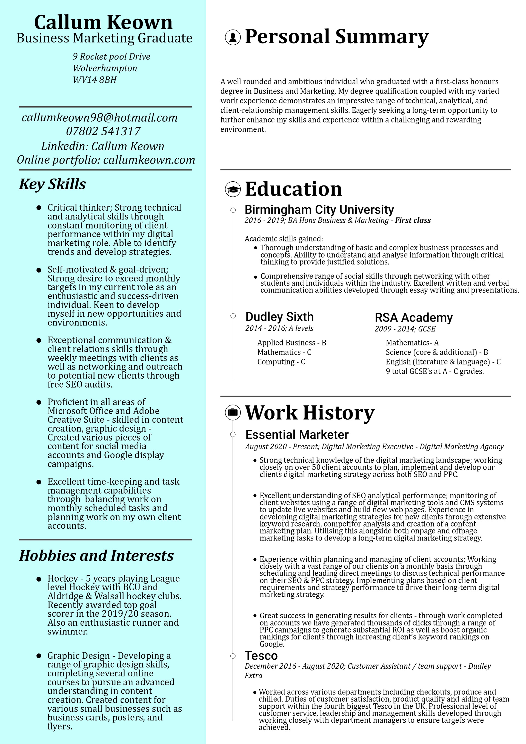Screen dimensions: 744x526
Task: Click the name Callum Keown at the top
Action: point(103,23)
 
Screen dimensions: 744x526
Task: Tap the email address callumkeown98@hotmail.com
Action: point(100,118)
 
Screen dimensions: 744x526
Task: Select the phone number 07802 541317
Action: point(103,131)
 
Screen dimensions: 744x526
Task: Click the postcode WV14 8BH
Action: point(94,80)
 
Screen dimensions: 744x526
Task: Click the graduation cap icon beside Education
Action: point(233,189)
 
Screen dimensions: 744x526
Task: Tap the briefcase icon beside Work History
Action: point(233,413)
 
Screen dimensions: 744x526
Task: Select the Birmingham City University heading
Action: point(319,210)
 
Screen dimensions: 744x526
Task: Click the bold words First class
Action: point(413,220)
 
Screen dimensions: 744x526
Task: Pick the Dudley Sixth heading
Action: point(279,317)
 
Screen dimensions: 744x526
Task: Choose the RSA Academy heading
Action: point(414,317)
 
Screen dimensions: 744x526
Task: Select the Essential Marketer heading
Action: point(297,434)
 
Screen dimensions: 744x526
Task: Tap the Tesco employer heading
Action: point(261,656)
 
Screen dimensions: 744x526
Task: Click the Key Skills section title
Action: point(53,184)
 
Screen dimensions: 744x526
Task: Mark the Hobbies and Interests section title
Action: point(96,556)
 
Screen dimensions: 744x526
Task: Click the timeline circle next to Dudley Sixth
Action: point(233,316)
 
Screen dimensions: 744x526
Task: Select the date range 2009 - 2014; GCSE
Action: point(405,329)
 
